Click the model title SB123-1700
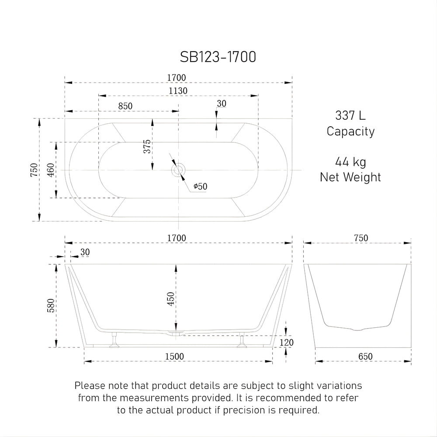(x=218, y=57)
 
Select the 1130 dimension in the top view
(x=178, y=90)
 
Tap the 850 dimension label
(x=125, y=106)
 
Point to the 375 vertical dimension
(x=147, y=146)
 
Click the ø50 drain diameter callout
(x=200, y=187)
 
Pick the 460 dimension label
(x=50, y=170)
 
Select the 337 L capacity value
(x=350, y=116)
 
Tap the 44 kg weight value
(x=350, y=162)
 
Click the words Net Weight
(x=350, y=177)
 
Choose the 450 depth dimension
(x=171, y=299)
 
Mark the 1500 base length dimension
(x=175, y=357)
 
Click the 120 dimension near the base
(x=286, y=343)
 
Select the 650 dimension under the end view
(x=365, y=357)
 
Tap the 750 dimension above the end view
(x=361, y=238)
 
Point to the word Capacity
(x=350, y=131)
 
